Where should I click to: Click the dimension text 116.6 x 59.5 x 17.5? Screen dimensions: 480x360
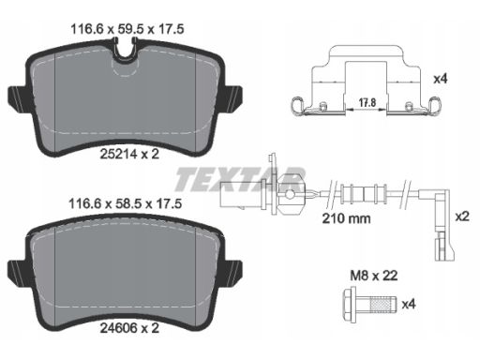click(x=127, y=29)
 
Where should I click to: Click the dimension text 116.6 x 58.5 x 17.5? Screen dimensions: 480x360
click(x=125, y=204)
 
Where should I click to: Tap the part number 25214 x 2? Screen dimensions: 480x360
click(x=129, y=154)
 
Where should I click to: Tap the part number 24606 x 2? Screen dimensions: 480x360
click(x=129, y=328)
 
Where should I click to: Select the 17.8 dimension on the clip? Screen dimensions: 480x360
click(x=367, y=102)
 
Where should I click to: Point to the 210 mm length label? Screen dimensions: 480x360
click(x=346, y=218)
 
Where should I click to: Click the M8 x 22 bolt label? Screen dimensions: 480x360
click(x=374, y=276)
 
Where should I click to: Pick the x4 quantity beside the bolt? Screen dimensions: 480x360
click(x=409, y=304)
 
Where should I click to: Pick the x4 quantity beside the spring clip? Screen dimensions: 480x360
click(x=441, y=79)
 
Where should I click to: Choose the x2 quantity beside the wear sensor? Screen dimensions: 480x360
click(x=462, y=217)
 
